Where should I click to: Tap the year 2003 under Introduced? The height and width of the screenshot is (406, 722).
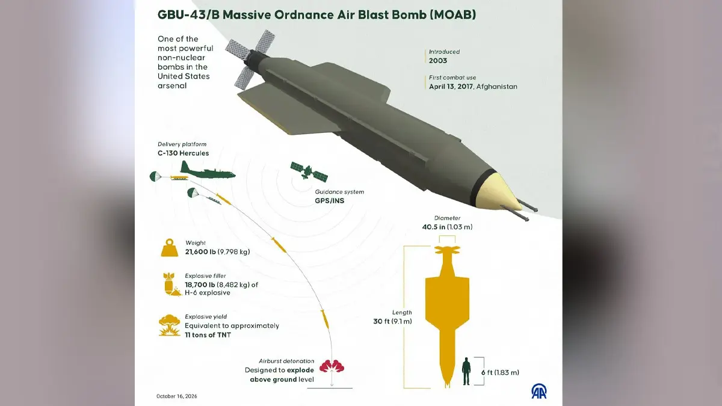438,61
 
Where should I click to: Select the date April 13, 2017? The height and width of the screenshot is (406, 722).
451,87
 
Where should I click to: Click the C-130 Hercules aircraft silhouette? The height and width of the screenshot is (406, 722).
208,171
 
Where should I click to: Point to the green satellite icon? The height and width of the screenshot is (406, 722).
309,171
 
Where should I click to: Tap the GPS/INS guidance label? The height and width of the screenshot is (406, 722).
330,201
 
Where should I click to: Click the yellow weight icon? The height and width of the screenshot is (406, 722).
170,247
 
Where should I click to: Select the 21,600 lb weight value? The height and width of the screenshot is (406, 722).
200,251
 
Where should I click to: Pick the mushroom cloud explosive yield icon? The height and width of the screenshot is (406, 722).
170,325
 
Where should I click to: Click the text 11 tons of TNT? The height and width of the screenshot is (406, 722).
208,335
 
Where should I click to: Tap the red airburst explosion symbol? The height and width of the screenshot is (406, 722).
332,366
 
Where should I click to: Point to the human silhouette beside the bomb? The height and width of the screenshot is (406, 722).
466,371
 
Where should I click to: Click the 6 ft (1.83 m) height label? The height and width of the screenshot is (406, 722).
500,372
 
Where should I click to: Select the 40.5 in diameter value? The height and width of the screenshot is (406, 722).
434,227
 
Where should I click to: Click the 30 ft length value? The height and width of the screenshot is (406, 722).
381,321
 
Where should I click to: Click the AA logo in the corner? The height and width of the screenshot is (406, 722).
539,390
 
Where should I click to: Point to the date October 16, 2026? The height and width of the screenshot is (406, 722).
177,396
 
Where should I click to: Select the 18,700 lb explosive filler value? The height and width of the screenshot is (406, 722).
200,285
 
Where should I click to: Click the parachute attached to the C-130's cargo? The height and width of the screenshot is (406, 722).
155,176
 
